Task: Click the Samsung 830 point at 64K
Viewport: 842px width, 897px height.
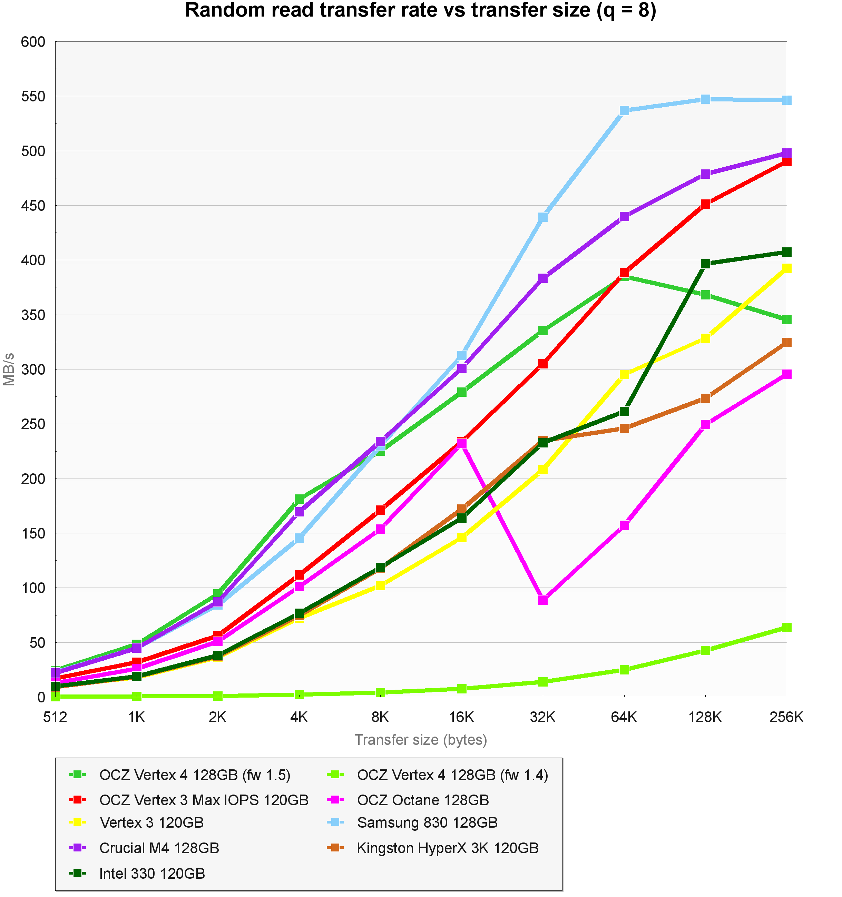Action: pos(624,110)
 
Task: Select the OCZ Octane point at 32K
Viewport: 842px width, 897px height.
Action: pos(543,600)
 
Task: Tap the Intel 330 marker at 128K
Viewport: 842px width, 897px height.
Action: pos(705,264)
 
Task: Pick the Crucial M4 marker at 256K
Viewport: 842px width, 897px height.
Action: pos(786,153)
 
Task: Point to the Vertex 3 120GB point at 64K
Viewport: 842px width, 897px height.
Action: pos(624,374)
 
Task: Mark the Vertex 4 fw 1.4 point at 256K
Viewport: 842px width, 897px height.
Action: pos(786,627)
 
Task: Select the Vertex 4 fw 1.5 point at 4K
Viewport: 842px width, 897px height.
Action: pos(299,499)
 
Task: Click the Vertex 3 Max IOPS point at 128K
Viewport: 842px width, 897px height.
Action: pos(705,204)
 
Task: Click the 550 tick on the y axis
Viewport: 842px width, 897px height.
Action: pos(33,97)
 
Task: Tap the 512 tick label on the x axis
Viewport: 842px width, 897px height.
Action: pos(55,717)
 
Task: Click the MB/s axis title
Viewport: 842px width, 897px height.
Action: pos(9,369)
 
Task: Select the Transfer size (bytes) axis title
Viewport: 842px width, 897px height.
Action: pos(421,740)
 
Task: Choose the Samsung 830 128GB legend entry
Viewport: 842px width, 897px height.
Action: pos(427,822)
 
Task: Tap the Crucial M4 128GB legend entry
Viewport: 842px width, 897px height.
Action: pos(159,848)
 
